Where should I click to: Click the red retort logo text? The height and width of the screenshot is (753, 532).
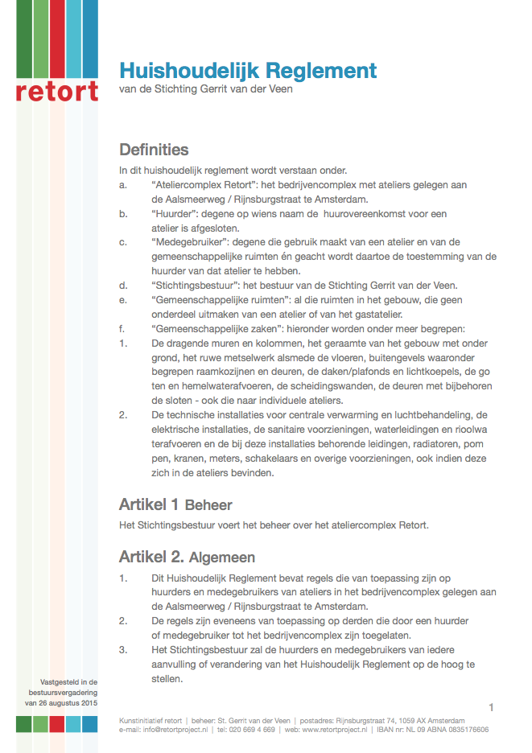(56, 90)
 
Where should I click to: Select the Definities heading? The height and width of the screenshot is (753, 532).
(154, 150)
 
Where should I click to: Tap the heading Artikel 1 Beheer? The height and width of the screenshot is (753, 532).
(175, 505)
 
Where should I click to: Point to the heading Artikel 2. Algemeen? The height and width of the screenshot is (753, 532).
(187, 557)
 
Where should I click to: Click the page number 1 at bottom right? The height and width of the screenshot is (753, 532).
(490, 706)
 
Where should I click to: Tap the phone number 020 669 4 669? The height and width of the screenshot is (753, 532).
(253, 730)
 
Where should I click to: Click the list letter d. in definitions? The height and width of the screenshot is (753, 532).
(122, 285)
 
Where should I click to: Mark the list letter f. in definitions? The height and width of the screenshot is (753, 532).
(122, 327)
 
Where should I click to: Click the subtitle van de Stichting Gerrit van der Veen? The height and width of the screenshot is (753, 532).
(206, 89)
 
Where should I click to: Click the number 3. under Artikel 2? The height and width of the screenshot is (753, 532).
(123, 649)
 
